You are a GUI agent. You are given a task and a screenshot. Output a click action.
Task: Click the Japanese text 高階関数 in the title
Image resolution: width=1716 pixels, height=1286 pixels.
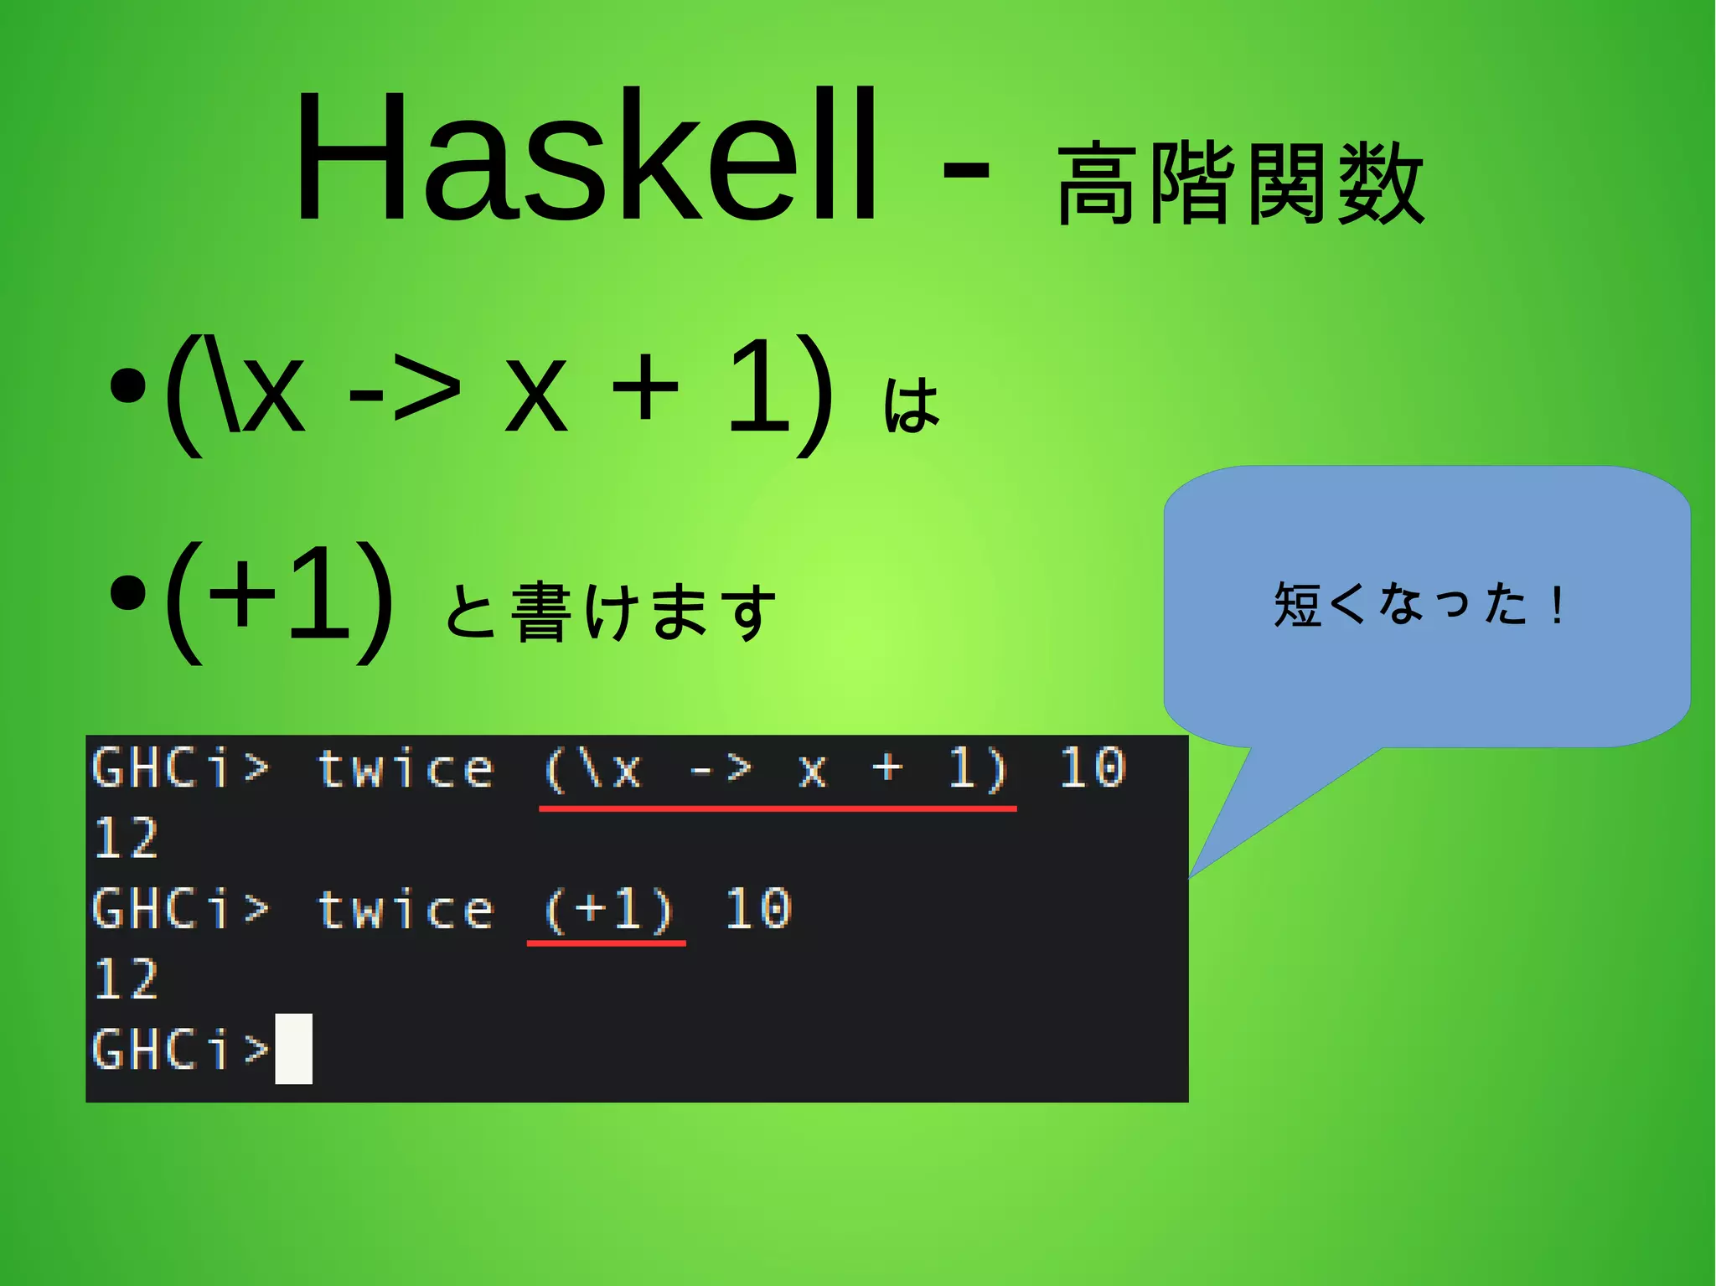point(1240,183)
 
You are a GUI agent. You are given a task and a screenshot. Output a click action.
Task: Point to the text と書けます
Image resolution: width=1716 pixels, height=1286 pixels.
point(610,612)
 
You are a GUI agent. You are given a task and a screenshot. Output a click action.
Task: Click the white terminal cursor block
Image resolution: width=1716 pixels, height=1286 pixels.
point(293,1048)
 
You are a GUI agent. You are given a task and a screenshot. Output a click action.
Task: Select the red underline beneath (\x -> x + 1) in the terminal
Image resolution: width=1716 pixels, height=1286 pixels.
point(778,808)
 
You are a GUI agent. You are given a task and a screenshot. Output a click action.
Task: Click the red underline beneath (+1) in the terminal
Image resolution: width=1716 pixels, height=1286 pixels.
point(606,943)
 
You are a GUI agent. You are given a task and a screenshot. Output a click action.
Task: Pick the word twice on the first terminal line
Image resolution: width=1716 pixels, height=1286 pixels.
point(406,769)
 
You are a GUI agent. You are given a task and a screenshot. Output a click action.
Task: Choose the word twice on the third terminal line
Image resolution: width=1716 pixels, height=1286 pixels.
point(406,910)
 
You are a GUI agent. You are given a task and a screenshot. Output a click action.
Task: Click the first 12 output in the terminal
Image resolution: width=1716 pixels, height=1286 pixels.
point(126,838)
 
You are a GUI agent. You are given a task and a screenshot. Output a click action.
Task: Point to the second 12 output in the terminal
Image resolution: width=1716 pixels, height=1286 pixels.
point(126,979)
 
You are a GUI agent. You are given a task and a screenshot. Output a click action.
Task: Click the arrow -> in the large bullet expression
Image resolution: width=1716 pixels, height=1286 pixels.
point(405,390)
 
